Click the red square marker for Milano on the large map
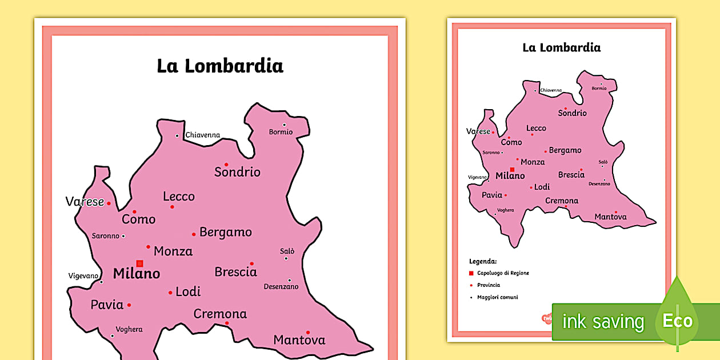[x=139, y=263]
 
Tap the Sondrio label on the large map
[x=237, y=172]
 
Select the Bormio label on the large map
[x=281, y=132]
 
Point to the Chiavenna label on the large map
[x=202, y=135]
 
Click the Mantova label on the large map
[x=299, y=340]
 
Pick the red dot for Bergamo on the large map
[x=194, y=234]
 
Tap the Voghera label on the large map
[x=129, y=329]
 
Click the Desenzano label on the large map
[x=281, y=287]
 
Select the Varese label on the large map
[x=85, y=202]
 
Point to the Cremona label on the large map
[x=220, y=314]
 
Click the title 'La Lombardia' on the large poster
[x=220, y=66]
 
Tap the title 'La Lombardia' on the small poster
[x=561, y=47]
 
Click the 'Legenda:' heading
[x=483, y=261]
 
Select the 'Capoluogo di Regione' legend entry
[x=503, y=273]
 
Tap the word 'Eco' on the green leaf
[x=677, y=321]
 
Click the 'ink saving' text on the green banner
[x=603, y=322]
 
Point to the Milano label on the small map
[x=510, y=176]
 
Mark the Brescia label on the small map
[x=571, y=175]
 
